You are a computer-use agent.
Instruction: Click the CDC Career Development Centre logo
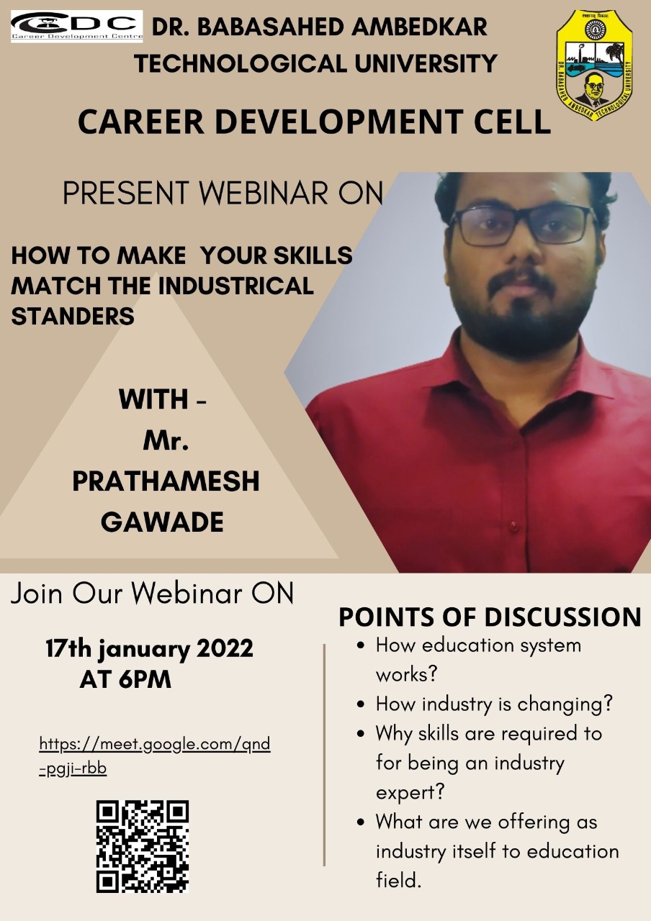(x=76, y=27)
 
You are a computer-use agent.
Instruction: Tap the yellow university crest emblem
(x=595, y=65)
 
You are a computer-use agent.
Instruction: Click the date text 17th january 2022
(x=149, y=650)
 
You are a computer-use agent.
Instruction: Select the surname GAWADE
(x=162, y=522)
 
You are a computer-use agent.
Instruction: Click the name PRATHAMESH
(x=166, y=481)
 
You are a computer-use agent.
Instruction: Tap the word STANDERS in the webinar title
(x=73, y=316)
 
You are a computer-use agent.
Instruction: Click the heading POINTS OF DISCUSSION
(x=490, y=617)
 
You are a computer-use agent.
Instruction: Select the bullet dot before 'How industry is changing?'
(x=361, y=704)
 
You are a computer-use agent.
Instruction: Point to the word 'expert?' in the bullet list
(x=410, y=793)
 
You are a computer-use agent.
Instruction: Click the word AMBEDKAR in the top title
(x=419, y=27)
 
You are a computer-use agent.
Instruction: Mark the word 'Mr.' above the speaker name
(x=166, y=441)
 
